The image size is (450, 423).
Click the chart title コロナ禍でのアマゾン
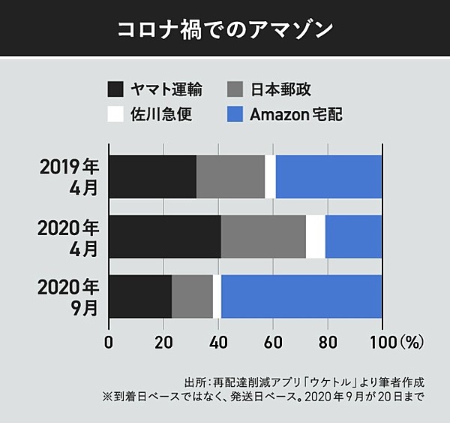pyautogui.click(x=225, y=29)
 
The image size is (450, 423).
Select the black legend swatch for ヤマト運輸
pyautogui.click(x=115, y=90)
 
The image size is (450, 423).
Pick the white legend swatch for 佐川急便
pyautogui.click(x=115, y=115)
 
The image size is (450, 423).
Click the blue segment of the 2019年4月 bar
pyautogui.click(x=328, y=177)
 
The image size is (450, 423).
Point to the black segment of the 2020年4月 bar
pyautogui.click(x=165, y=237)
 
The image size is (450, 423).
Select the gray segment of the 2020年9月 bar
pyautogui.click(x=192, y=296)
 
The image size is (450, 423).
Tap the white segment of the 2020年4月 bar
pyautogui.click(x=316, y=237)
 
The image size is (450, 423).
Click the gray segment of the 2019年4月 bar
pyautogui.click(x=230, y=177)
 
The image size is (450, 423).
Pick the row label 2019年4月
pyautogui.click(x=70, y=177)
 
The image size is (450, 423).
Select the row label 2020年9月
pyautogui.click(x=70, y=296)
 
